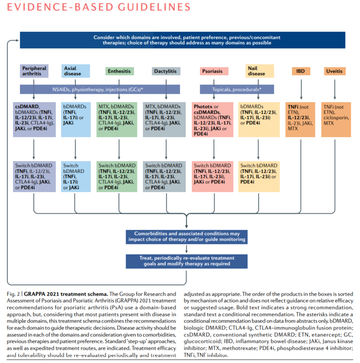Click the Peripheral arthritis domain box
coord(34,71)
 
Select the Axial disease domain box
coord(75,71)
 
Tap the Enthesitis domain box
coord(119,71)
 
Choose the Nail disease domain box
coord(257,71)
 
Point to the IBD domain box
coord(300,71)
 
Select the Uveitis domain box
coord(335,71)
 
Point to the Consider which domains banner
coord(187,40)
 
